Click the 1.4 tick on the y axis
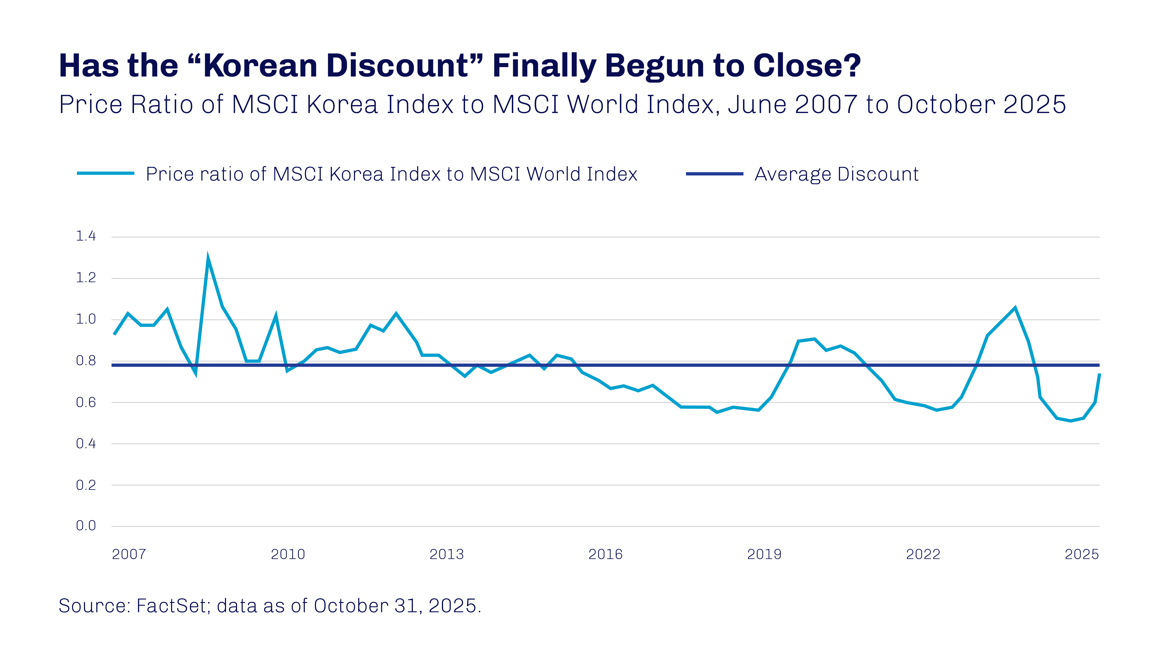(86, 236)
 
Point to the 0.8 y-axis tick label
(86, 361)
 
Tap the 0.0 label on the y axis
(86, 526)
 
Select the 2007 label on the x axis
(129, 554)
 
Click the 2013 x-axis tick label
(447, 554)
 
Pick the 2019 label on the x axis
(764, 554)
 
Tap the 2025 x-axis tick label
(1082, 554)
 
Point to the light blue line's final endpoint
(1099, 374)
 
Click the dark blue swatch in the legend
(714, 174)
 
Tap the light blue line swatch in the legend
(105, 173)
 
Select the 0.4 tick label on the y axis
(86, 443)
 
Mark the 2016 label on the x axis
(605, 554)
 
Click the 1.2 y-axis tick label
(86, 278)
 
